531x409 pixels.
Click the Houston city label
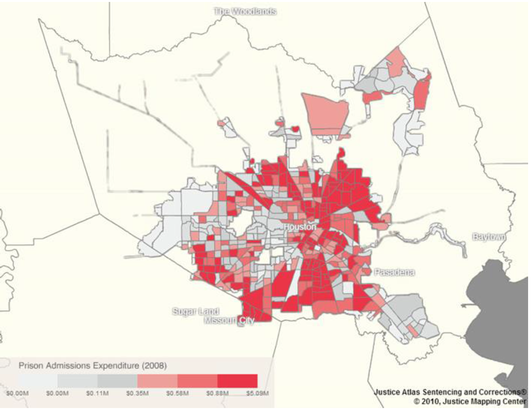[300, 227]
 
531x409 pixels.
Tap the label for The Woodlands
[246, 11]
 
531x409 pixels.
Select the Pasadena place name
[394, 273]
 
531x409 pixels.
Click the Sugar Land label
[196, 312]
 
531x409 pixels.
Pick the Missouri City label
[229, 321]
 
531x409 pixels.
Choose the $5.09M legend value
[257, 393]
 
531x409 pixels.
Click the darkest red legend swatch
[237, 381]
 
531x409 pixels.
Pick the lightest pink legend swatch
[157, 381]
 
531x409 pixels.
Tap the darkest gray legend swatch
[117, 381]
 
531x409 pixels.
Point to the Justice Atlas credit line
[450, 392]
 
